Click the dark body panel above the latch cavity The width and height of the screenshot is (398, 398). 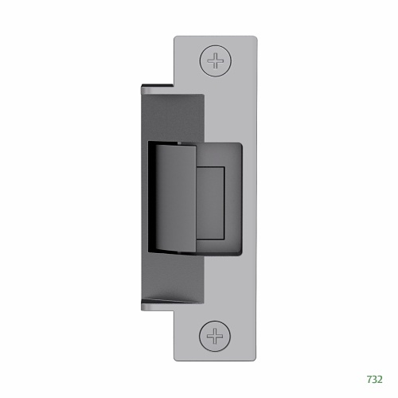click(171, 115)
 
